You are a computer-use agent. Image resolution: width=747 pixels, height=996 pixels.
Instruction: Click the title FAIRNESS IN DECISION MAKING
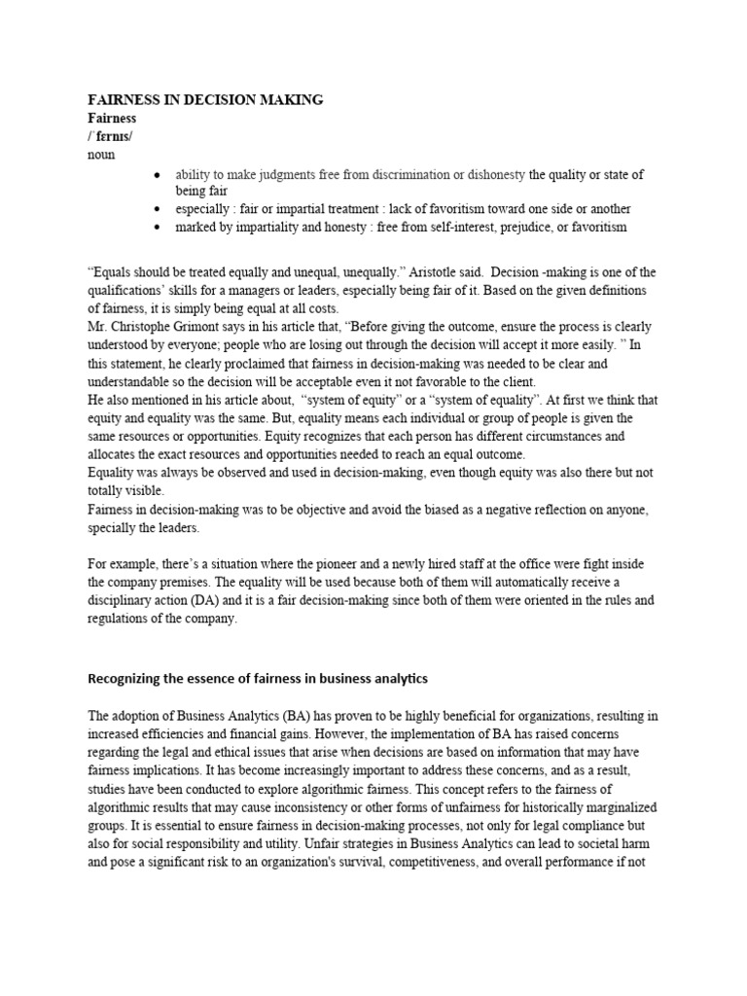205,100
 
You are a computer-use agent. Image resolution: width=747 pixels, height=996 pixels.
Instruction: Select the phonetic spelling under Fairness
110,136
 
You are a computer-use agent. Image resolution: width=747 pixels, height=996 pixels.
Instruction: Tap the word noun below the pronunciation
101,154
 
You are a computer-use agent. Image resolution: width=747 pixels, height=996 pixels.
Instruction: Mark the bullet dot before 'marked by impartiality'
157,228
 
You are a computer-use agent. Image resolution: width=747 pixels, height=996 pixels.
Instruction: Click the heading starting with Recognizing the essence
258,677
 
